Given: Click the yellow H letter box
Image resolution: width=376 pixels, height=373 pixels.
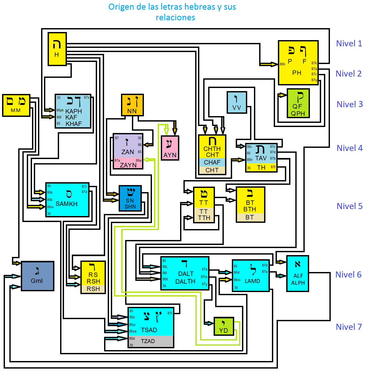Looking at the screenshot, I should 57,49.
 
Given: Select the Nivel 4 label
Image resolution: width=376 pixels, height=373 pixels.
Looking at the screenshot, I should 349,148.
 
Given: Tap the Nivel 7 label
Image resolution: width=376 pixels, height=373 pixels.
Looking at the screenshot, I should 349,327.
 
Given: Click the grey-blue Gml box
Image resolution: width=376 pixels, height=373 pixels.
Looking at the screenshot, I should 37,276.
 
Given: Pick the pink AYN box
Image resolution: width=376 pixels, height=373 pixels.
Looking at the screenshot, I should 170,148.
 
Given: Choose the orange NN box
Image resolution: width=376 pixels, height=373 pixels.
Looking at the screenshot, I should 132,105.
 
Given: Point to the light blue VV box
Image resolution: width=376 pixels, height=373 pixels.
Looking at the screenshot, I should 237,102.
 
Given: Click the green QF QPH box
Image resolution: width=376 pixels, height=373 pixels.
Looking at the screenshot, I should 298,103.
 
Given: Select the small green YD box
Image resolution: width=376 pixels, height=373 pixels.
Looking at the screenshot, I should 224,326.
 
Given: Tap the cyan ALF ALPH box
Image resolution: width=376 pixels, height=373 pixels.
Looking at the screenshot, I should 298,274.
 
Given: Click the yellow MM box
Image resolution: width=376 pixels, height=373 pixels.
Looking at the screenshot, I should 16,105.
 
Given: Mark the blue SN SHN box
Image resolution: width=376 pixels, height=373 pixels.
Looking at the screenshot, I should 130,198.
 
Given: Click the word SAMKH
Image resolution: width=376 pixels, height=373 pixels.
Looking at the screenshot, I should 67,204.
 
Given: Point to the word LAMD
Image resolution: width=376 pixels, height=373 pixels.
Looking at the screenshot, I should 252,281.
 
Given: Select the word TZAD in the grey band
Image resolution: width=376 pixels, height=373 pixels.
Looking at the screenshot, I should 148,341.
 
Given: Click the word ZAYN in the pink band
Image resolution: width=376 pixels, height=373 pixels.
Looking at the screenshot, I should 128,165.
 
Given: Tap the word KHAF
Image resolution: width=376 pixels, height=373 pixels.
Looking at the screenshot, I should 74,124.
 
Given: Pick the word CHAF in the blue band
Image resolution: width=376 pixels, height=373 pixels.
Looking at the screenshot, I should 212,162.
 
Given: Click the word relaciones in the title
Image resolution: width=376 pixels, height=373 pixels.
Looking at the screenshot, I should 175,17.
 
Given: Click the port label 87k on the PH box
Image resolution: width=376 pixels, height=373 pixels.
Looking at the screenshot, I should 314,63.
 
